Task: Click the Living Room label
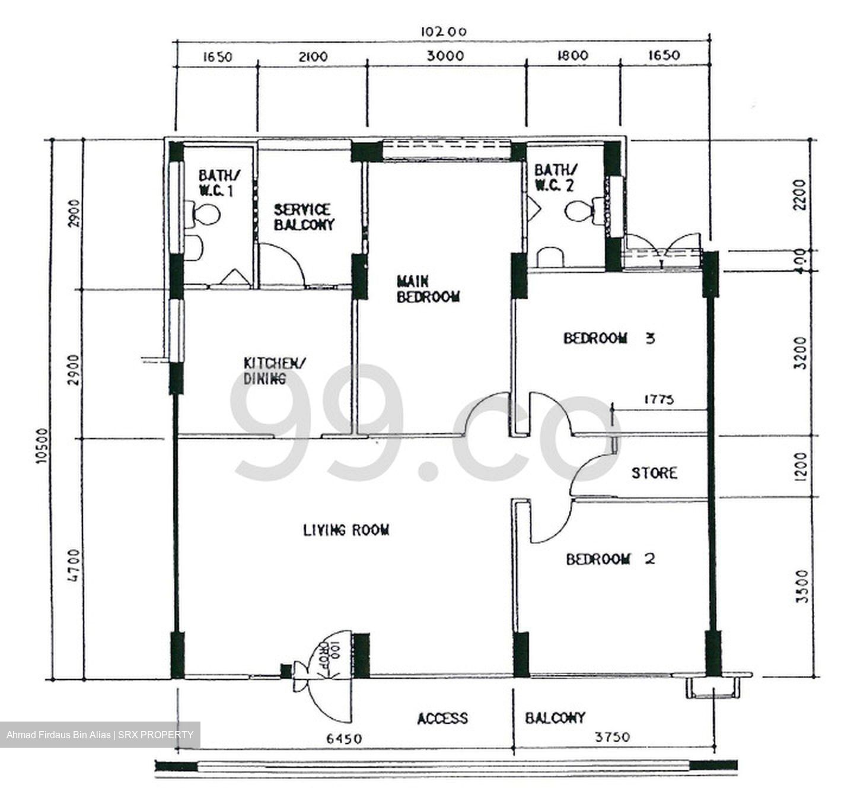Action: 346,530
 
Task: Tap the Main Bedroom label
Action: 428,289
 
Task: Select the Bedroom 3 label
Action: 608,339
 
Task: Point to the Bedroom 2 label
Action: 610,559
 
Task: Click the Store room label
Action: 654,473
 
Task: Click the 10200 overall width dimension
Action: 444,31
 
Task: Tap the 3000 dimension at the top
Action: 446,56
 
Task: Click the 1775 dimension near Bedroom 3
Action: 659,399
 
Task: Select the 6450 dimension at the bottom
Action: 343,739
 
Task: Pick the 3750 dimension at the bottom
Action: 613,737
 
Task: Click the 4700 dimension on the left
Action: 73,565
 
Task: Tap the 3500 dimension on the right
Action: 801,586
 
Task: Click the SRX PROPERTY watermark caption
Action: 100,735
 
